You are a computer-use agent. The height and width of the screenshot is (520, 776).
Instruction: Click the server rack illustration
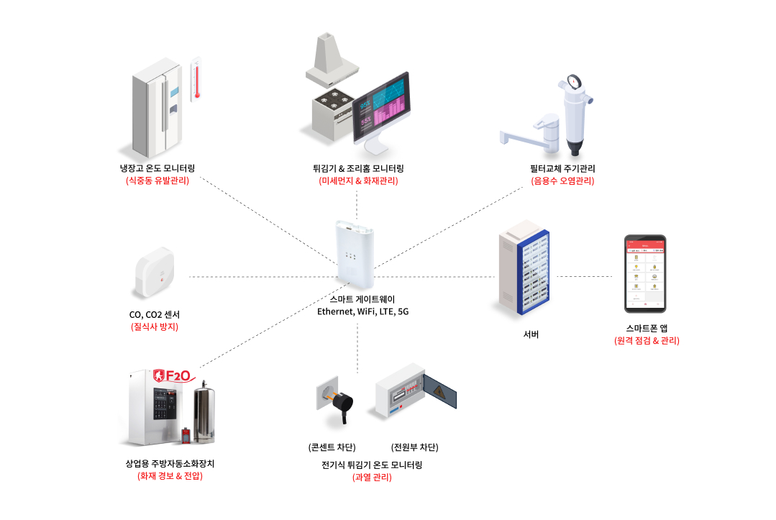coord(524,274)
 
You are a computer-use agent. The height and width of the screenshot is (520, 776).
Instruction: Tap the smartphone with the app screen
coord(644,273)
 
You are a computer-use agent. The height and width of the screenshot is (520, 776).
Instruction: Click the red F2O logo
coord(171,375)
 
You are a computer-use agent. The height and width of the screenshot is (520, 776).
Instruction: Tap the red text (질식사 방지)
coord(154,327)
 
